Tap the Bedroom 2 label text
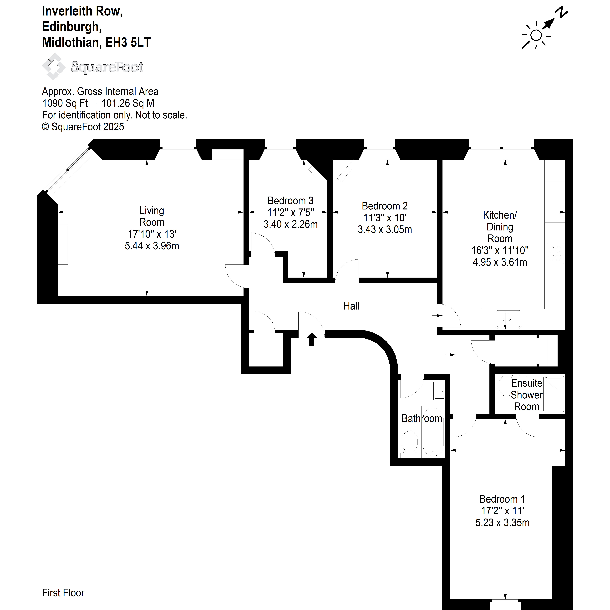coord(385,206)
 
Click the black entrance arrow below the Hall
coord(312,339)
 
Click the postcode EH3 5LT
coord(128,42)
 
